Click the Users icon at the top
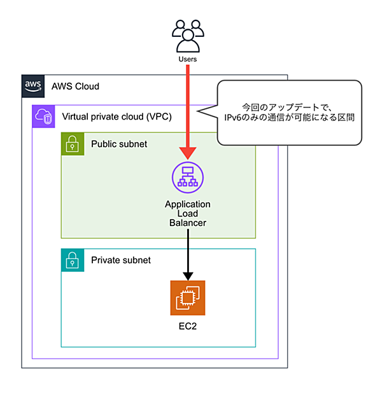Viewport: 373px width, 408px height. click(x=188, y=36)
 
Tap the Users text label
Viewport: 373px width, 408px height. click(x=187, y=59)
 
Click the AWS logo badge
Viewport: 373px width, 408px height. click(x=33, y=86)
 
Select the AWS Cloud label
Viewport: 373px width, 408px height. click(x=75, y=86)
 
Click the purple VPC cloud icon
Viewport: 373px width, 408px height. click(x=43, y=116)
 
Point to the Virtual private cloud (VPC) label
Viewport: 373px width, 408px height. click(x=117, y=116)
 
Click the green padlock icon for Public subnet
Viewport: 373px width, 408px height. click(x=73, y=144)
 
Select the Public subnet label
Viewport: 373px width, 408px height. click(x=119, y=144)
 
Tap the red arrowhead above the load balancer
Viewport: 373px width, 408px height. click(x=188, y=153)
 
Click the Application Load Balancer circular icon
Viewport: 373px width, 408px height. click(x=188, y=178)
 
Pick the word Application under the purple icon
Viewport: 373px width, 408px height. click(x=188, y=204)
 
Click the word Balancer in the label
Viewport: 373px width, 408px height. click(x=188, y=223)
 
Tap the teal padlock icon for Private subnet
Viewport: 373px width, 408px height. click(x=73, y=260)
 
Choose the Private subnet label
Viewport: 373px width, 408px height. click(x=121, y=260)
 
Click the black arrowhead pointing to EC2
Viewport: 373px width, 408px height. click(x=188, y=276)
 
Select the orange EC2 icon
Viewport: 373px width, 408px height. click(x=188, y=298)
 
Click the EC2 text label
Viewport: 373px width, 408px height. click(x=188, y=326)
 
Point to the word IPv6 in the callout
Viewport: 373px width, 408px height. click(x=233, y=117)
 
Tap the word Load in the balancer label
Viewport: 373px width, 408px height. click(x=188, y=213)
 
